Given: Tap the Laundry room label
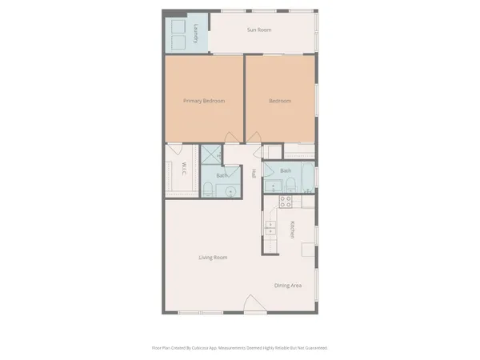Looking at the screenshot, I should click(x=196, y=34).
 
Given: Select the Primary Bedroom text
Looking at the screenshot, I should click(x=203, y=101).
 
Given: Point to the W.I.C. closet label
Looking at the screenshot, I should click(x=183, y=170).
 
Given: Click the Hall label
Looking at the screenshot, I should click(x=253, y=173).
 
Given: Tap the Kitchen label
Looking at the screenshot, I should click(x=293, y=230).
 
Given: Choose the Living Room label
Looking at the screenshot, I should click(x=214, y=258).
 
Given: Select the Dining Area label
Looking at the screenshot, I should click(x=287, y=286).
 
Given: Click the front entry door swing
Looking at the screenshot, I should click(x=253, y=304).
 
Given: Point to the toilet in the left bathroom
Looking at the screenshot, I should click(x=208, y=189).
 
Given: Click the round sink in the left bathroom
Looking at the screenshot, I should click(x=230, y=190).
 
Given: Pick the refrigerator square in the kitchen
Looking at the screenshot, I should click(x=307, y=249).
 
